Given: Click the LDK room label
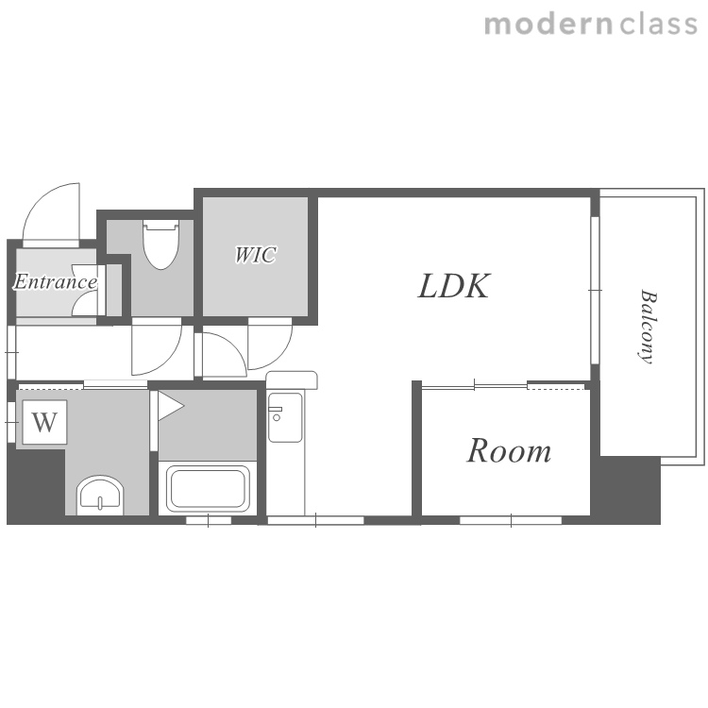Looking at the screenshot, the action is [453, 286].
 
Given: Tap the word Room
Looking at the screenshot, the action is [509, 450].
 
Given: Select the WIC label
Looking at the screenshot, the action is [256, 255].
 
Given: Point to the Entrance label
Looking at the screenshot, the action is [55, 281].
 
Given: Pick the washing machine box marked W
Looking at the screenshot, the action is [44, 422].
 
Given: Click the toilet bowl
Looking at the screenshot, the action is [160, 244].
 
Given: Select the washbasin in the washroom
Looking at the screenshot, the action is [100, 495].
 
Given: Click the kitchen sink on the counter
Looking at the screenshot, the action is [285, 417].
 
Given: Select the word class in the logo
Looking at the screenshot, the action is [658, 25].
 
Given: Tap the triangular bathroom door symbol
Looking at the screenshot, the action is [170, 406].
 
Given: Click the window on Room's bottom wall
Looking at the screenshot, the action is [511, 520].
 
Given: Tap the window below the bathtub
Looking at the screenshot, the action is [209, 520].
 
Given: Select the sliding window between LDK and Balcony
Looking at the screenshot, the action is [595, 290].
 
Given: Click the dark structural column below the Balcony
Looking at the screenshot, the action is [626, 490].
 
